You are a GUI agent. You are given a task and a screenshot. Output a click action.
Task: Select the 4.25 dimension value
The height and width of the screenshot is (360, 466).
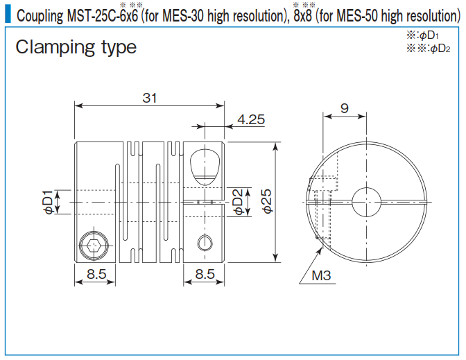point(250,119)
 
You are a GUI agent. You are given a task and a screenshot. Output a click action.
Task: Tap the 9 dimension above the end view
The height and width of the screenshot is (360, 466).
point(345,108)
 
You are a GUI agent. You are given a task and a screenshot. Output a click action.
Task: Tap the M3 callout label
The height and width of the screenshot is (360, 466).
point(321,275)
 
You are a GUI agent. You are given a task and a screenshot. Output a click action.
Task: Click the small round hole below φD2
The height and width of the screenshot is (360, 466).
point(204,242)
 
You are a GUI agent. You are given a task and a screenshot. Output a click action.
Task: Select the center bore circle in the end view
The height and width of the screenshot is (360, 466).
point(367,203)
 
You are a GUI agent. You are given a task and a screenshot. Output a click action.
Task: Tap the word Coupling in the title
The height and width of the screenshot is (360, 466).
point(40,15)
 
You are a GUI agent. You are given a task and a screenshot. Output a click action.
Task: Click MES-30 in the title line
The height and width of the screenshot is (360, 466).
point(184,15)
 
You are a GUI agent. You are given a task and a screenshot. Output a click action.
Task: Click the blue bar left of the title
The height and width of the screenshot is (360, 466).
point(7,14)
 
